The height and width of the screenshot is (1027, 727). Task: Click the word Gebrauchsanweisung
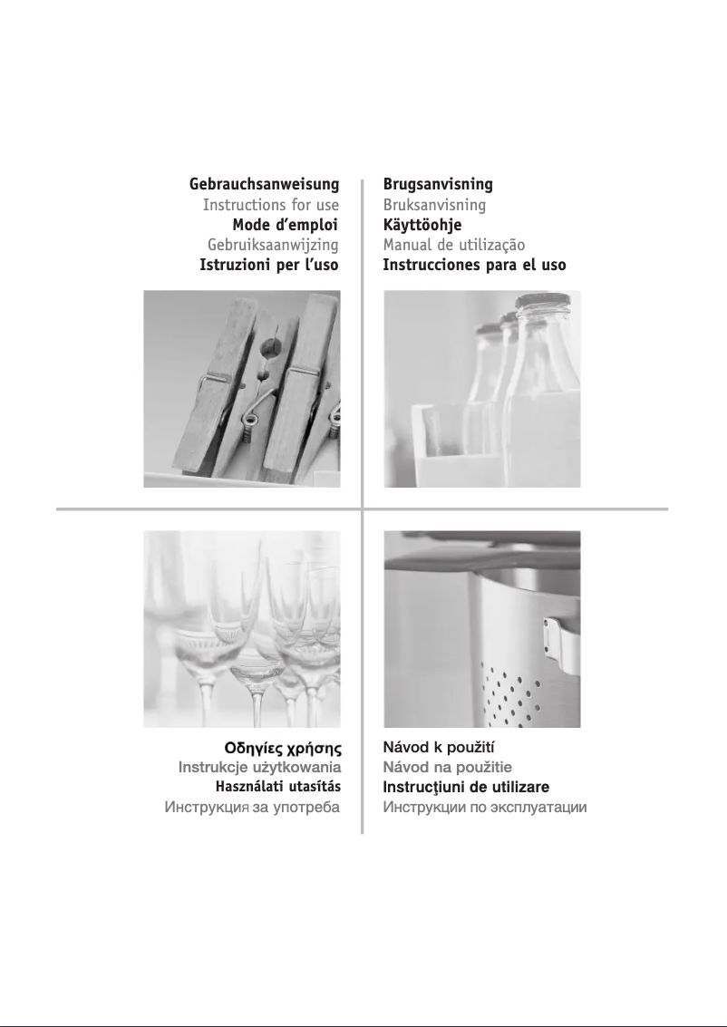click(x=264, y=185)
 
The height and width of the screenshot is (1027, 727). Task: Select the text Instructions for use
click(x=271, y=205)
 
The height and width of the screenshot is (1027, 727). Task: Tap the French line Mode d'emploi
click(x=286, y=225)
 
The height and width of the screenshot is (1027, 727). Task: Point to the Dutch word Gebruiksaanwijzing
click(x=273, y=245)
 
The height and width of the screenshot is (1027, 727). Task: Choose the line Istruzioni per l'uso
click(x=269, y=265)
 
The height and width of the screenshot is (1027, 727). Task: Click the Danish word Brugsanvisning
click(x=438, y=185)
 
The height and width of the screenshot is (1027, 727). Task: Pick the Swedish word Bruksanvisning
click(x=434, y=205)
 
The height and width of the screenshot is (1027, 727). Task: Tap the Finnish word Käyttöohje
click(x=422, y=225)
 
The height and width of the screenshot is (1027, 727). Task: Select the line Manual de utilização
click(x=454, y=245)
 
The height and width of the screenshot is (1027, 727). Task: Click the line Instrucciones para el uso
click(x=474, y=265)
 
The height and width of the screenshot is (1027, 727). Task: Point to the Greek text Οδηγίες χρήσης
click(x=283, y=750)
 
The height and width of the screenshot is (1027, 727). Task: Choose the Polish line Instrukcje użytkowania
click(x=259, y=769)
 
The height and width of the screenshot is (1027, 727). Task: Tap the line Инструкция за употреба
click(x=252, y=807)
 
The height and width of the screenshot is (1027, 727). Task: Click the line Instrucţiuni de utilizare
click(x=466, y=788)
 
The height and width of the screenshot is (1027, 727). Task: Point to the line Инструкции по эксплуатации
click(x=485, y=807)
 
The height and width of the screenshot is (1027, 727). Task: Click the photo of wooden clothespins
click(x=242, y=389)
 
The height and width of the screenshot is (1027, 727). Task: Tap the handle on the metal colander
click(x=559, y=641)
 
